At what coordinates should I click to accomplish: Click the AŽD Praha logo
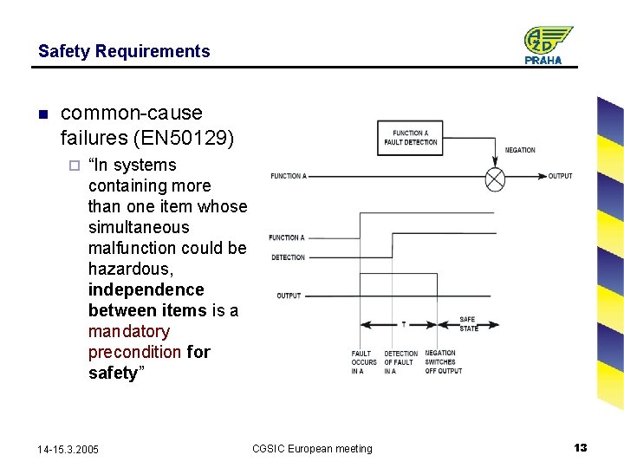pyautogui.click(x=547, y=45)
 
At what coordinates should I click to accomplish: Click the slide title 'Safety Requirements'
pyautogui.click(x=124, y=51)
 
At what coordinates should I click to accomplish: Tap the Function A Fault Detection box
pyautogui.click(x=410, y=138)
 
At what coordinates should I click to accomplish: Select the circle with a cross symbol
pyautogui.click(x=495, y=178)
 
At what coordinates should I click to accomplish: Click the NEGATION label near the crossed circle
pyautogui.click(x=520, y=151)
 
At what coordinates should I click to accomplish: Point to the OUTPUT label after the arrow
pyautogui.click(x=560, y=176)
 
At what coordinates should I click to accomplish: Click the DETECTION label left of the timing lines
pyautogui.click(x=288, y=257)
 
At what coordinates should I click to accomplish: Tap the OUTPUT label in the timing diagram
pyautogui.click(x=289, y=296)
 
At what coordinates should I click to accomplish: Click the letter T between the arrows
pyautogui.click(x=403, y=325)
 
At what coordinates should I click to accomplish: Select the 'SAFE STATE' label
pyautogui.click(x=468, y=324)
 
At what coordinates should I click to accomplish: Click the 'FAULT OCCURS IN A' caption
pyautogui.click(x=364, y=362)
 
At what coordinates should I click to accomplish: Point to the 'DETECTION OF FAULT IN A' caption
pyautogui.click(x=400, y=362)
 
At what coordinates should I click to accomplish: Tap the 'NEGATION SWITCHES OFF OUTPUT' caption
pyautogui.click(x=443, y=362)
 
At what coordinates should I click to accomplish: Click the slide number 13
pyautogui.click(x=581, y=447)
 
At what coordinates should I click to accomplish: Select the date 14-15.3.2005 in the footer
pyautogui.click(x=68, y=449)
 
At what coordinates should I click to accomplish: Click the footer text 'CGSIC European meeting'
pyautogui.click(x=312, y=449)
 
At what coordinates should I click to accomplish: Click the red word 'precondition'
pyautogui.click(x=134, y=352)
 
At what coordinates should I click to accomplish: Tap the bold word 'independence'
pyautogui.click(x=146, y=289)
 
